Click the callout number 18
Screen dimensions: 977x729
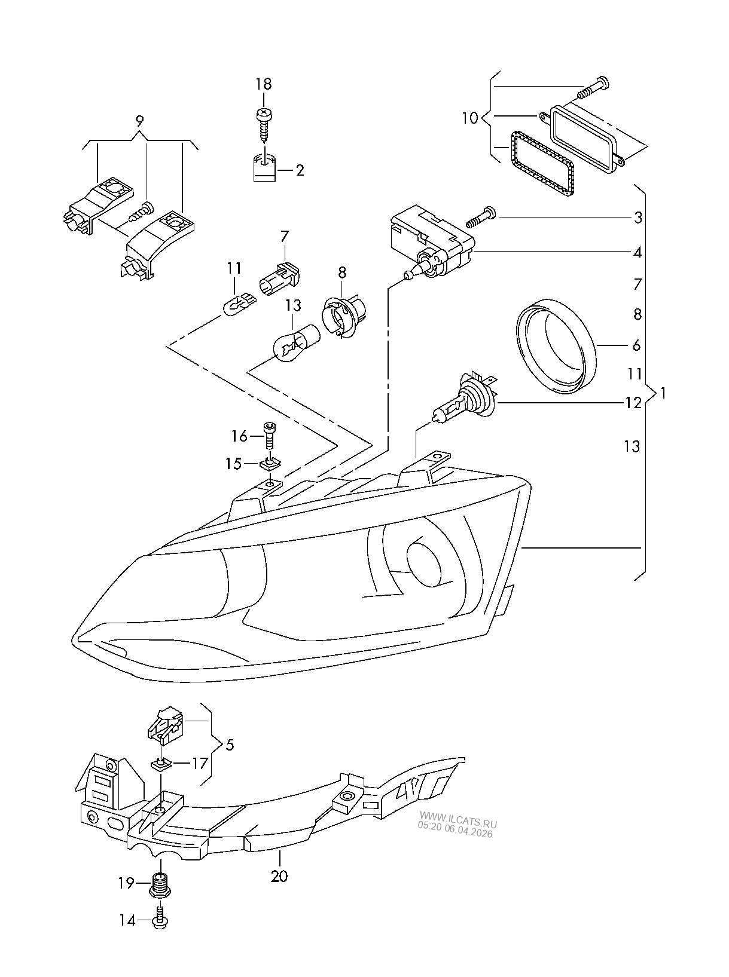[x=263, y=84]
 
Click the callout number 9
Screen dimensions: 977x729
[x=139, y=121]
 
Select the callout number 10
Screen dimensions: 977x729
[x=470, y=118]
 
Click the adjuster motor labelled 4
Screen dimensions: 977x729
[x=431, y=245]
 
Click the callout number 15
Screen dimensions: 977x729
[x=233, y=464]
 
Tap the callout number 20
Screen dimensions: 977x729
[x=279, y=876]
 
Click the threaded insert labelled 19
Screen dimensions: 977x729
[x=160, y=884]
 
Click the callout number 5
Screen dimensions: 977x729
[x=230, y=745]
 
